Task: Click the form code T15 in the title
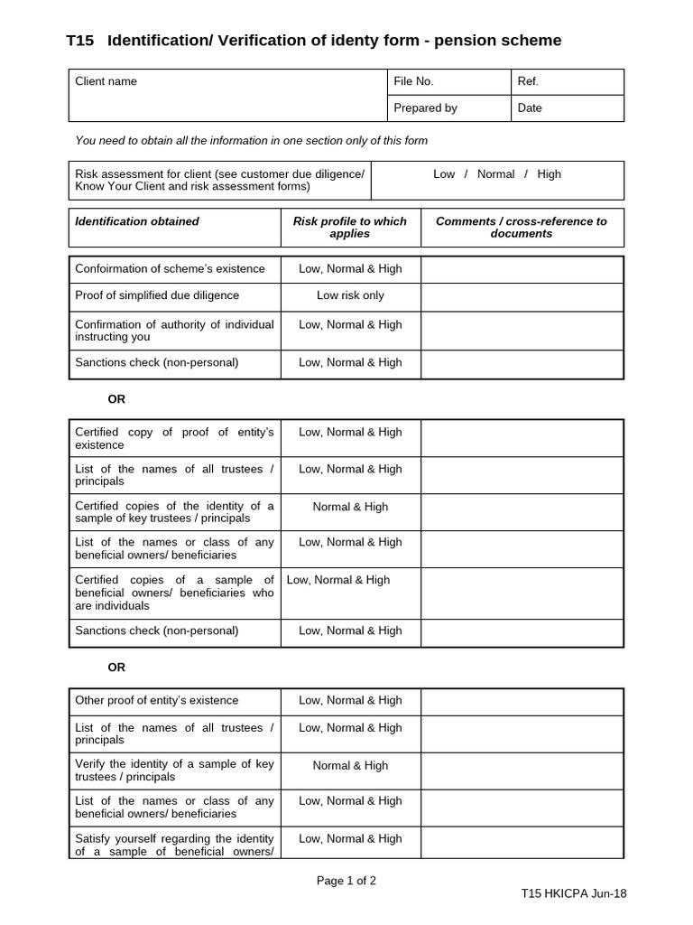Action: pos(80,41)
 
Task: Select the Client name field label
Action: pos(106,81)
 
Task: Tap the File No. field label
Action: pos(413,81)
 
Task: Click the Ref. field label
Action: pos(528,81)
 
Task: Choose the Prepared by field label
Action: pos(425,107)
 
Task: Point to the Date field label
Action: pos(530,107)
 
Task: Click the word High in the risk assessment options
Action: pos(549,174)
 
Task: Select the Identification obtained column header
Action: pos(137,221)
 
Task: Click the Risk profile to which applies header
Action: pos(350,227)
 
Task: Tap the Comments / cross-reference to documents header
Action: pos(522,227)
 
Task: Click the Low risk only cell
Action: pos(350,296)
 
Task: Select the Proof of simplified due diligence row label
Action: pos(157,296)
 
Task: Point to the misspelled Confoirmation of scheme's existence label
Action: pos(170,269)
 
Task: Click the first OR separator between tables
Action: pos(116,399)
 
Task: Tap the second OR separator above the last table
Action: pos(116,668)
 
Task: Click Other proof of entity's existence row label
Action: pos(157,701)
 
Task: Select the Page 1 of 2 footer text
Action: pos(346,881)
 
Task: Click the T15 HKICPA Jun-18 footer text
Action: pos(573,893)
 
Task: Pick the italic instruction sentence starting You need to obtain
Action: pos(252,141)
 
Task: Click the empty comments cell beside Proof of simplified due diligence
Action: pos(522,296)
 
